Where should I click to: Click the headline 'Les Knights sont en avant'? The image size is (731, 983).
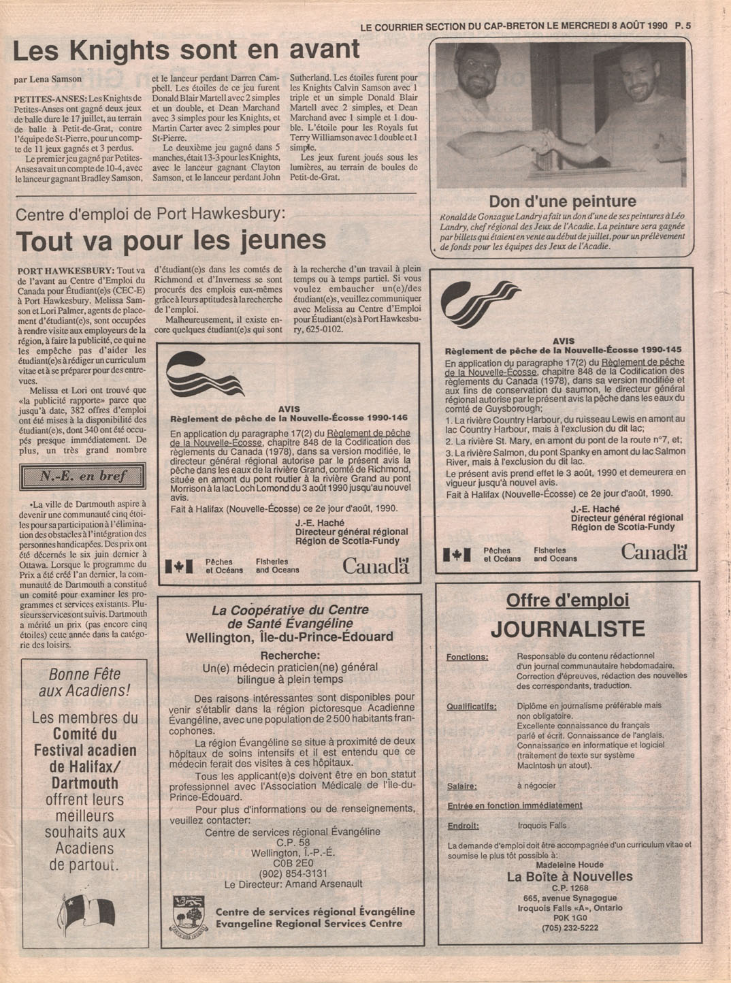tap(186, 50)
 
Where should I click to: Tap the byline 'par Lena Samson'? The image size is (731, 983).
tap(48, 79)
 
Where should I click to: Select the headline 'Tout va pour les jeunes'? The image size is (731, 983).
tap(171, 241)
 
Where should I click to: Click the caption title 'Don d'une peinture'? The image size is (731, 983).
tap(562, 202)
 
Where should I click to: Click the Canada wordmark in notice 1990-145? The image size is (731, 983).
tap(653, 552)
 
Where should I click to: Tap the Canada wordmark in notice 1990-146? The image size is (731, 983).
tap(375, 565)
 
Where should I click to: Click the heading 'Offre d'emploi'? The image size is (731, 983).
tap(568, 600)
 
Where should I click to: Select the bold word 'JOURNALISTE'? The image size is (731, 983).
tap(568, 628)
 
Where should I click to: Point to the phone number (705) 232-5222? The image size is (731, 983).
tap(570, 928)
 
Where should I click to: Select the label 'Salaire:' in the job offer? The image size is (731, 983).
tap(462, 786)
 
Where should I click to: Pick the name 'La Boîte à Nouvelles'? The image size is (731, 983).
tap(570, 877)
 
